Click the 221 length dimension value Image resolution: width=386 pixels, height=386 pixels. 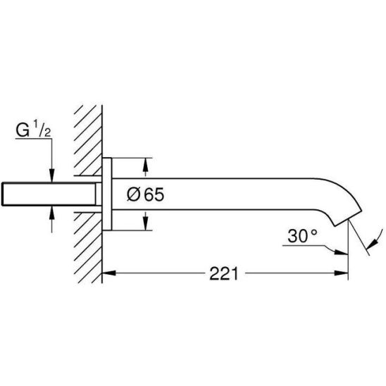(x=224, y=273)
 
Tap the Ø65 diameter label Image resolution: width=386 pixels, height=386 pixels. (x=145, y=194)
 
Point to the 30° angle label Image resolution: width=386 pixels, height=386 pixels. (x=303, y=236)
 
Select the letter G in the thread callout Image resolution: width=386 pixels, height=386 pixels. (x=23, y=130)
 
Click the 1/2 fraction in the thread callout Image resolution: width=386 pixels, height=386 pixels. (x=42, y=128)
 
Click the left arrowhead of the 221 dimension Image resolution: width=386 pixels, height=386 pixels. (x=108, y=273)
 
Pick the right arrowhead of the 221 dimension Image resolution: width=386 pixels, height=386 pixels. (x=342, y=273)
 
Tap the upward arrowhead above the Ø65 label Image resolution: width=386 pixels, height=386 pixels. (x=146, y=165)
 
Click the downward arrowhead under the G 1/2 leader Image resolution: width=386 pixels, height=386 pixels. (x=51, y=175)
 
